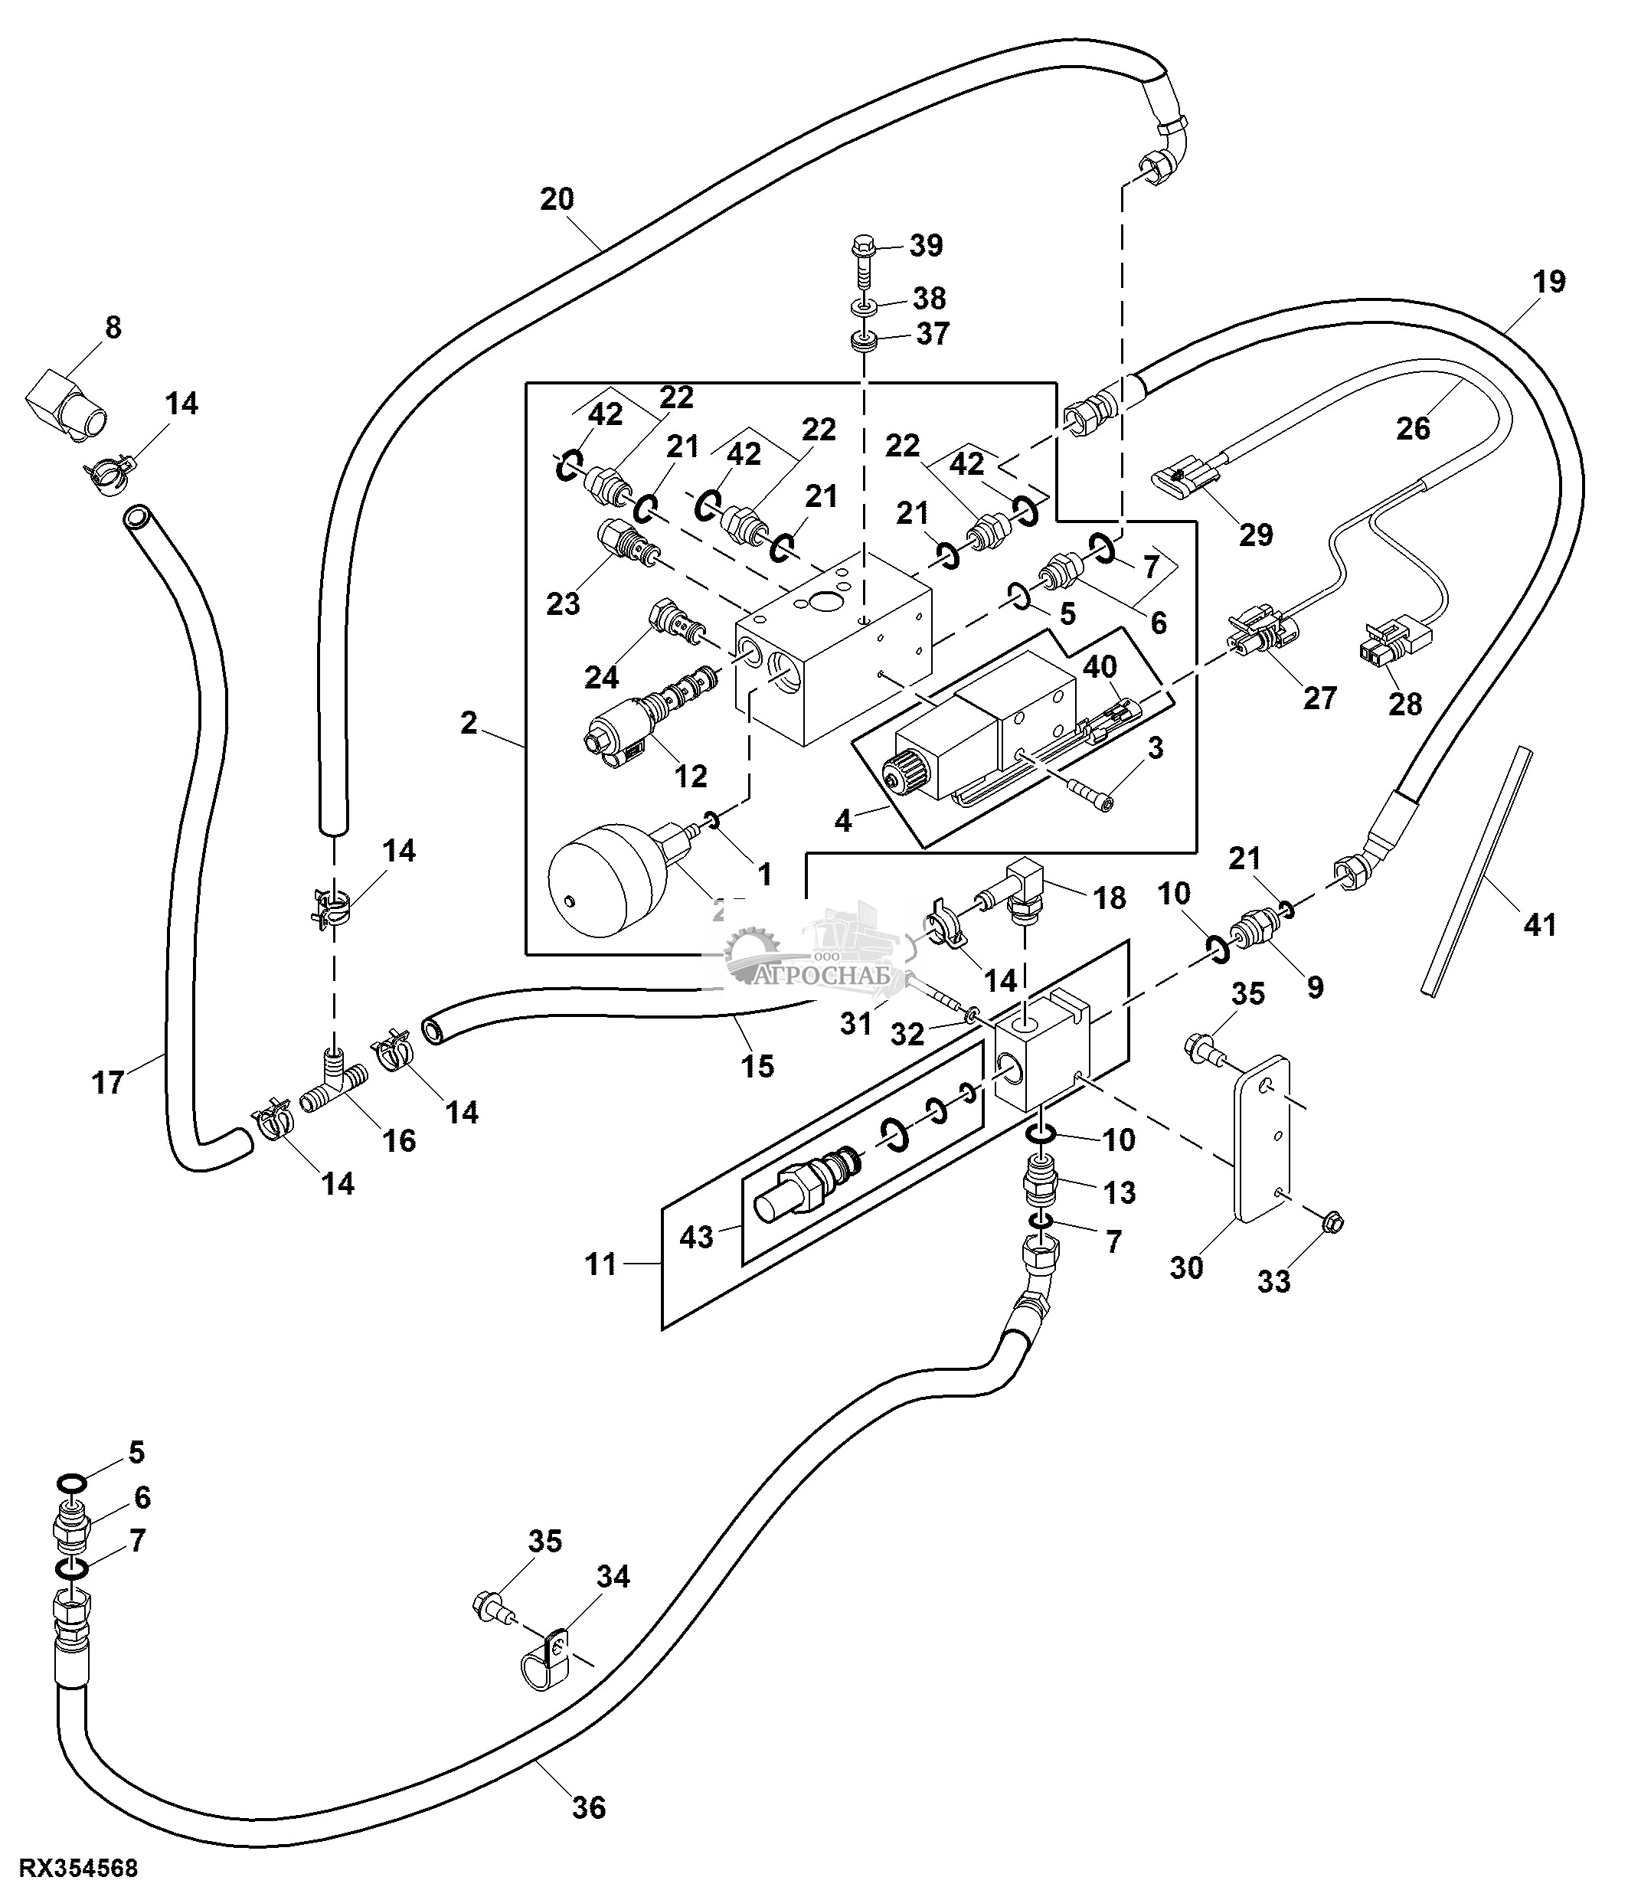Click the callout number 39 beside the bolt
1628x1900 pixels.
coord(926,246)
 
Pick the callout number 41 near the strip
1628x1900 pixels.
coord(1540,924)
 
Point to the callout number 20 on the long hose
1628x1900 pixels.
coord(557,199)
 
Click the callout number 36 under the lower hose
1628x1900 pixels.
coord(590,1807)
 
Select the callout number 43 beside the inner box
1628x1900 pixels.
coord(697,1237)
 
